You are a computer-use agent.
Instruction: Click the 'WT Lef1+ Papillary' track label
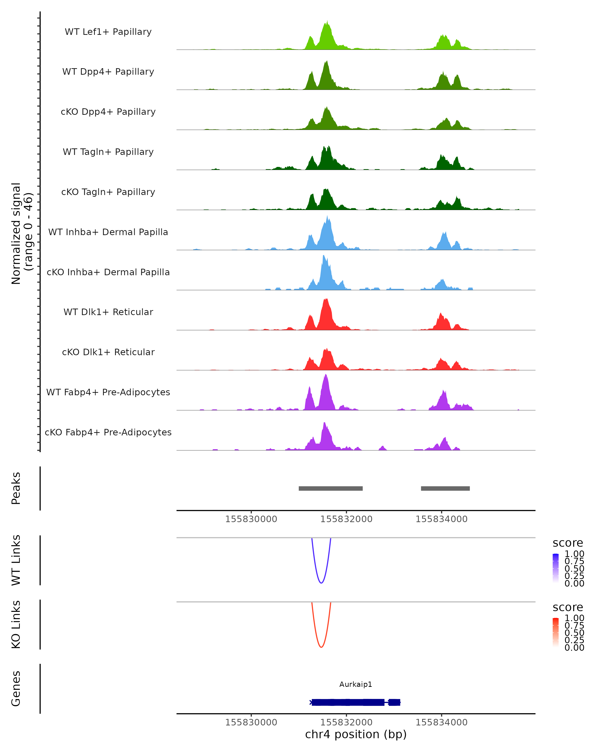(108, 32)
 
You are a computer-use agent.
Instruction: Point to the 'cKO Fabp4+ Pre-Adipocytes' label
(108, 432)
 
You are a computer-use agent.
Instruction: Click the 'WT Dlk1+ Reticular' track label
(108, 312)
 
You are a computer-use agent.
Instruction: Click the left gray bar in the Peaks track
(331, 488)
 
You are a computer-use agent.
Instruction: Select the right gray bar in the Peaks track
(445, 488)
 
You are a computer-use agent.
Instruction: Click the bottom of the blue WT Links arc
(321, 583)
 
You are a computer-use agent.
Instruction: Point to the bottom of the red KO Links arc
(321, 647)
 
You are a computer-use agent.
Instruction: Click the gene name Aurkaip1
(356, 684)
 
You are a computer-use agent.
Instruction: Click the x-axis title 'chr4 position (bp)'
(356, 734)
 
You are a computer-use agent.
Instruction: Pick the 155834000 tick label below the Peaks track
(441, 519)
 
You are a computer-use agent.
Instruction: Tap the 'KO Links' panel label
(16, 624)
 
